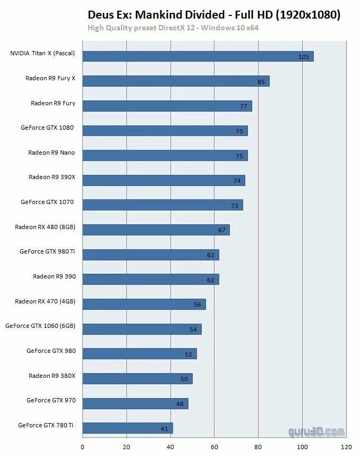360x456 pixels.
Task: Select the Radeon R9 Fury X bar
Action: [176, 81]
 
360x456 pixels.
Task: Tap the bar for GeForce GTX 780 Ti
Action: [127, 428]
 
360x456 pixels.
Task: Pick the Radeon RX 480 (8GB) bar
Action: [156, 230]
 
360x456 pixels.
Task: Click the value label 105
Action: [304, 57]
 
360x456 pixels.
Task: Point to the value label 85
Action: [261, 81]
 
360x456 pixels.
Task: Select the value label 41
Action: [165, 428]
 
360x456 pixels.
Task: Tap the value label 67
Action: [221, 230]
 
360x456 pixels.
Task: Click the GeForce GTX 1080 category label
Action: [47, 128]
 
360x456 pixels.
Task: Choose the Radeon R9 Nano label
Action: [52, 153]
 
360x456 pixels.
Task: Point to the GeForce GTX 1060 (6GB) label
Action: [40, 326]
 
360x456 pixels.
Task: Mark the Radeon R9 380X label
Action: [52, 376]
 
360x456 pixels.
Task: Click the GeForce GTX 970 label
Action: [51, 400]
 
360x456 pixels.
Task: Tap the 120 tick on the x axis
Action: [346, 447]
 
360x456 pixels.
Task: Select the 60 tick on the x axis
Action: [215, 447]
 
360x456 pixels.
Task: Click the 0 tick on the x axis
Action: [83, 447]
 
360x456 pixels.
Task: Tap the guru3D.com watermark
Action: [316, 432]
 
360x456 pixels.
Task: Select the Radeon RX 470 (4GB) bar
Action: [144, 304]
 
